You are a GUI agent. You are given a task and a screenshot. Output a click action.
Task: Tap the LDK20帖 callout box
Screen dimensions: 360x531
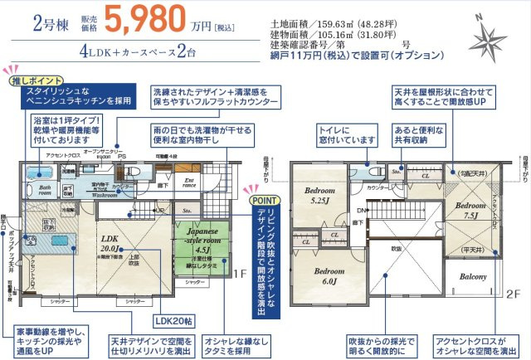(x=170, y=319)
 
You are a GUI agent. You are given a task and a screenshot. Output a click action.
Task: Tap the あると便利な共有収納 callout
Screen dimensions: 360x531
(x=415, y=134)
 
